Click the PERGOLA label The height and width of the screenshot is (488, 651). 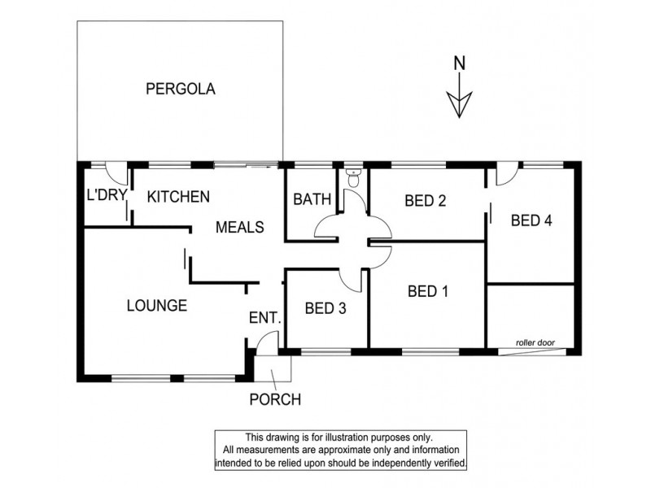(x=180, y=89)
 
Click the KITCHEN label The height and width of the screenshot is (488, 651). (x=179, y=196)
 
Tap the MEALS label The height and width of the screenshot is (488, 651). (x=239, y=228)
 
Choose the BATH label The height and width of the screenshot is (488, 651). (x=309, y=199)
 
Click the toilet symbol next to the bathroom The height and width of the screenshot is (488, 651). (x=353, y=176)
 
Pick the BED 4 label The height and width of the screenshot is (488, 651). (x=532, y=220)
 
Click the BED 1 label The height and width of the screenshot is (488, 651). (x=428, y=290)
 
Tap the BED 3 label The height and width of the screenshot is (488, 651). (x=325, y=308)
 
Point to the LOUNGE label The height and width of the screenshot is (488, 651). (x=157, y=306)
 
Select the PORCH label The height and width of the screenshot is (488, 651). (x=275, y=399)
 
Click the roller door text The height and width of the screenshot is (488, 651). (x=535, y=343)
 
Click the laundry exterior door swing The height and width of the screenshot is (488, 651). (x=116, y=173)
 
